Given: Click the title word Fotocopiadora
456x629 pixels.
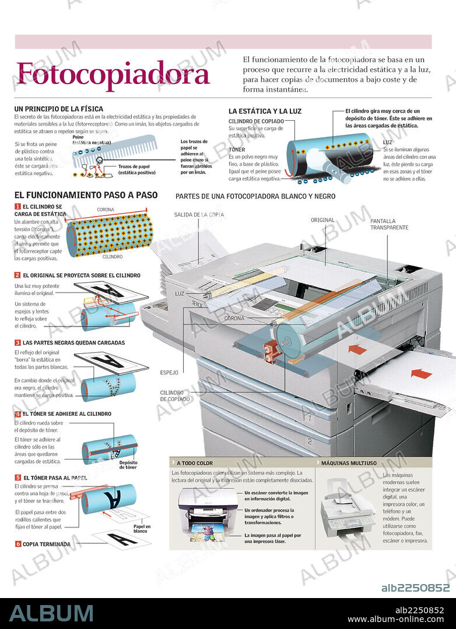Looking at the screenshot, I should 113,75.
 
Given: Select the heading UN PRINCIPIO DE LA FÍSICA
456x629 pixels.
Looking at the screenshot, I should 58,109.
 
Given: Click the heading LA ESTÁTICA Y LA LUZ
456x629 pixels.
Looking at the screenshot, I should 265,111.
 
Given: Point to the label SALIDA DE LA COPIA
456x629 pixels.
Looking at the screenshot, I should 198,215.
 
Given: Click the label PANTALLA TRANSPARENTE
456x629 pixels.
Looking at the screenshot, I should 389,224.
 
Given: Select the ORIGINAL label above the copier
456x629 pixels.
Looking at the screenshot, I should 322,220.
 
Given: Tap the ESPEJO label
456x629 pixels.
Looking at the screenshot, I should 169,372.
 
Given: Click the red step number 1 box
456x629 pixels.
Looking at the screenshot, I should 17,207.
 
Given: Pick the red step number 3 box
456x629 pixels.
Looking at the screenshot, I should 17,343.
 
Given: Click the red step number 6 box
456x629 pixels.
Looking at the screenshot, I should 17,544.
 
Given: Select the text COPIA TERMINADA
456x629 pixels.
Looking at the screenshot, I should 47,544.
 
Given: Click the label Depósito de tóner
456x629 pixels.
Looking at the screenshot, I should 128,464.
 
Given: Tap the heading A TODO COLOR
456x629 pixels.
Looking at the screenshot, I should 195,463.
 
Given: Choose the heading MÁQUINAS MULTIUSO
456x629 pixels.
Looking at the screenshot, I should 349,463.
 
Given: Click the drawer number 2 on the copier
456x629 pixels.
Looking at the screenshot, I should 310,442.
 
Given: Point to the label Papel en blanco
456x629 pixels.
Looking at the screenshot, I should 141,529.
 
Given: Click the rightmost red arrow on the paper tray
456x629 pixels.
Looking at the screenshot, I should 421,373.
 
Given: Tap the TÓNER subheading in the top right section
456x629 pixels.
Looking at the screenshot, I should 237,150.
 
